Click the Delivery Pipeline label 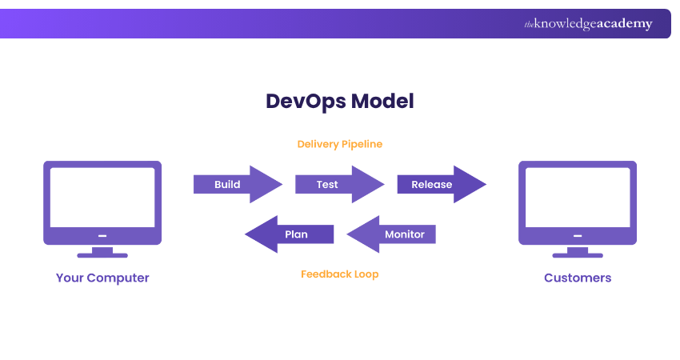point(340,144)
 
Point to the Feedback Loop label point(340,274)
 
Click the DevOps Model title point(340,102)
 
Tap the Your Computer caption point(102,278)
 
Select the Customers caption point(578,278)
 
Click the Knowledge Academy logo point(588,24)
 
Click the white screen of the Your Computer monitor point(102,197)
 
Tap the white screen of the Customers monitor point(578,197)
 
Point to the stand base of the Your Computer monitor point(102,255)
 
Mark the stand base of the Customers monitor point(578,255)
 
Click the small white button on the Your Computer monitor point(102,236)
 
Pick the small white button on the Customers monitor point(578,236)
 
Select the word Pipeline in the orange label point(362,144)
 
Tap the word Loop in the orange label point(366,274)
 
